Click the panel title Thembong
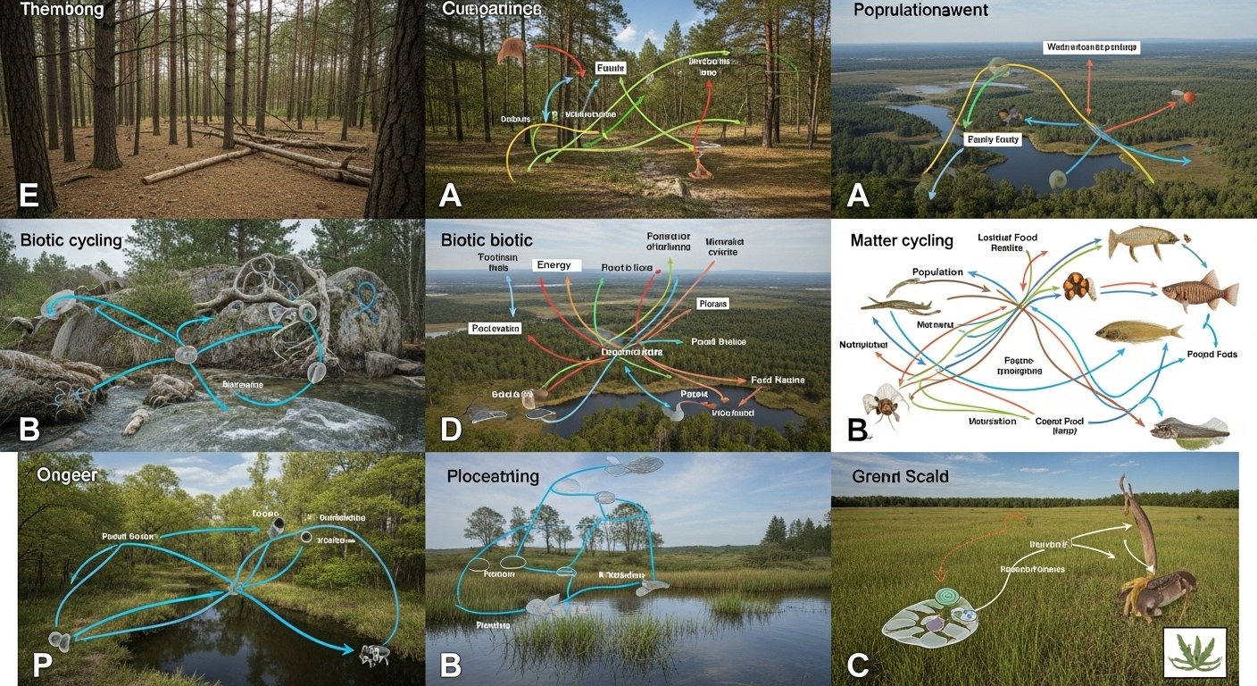pos(62,12)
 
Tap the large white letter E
pos(29,195)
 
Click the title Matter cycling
pos(902,240)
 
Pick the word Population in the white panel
pos(937,272)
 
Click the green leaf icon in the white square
pos(1195,651)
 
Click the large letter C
pos(856,665)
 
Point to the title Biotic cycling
pos(71,240)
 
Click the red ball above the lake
pos(1188,96)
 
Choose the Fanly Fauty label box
pos(992,139)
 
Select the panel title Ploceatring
pos(493,476)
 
